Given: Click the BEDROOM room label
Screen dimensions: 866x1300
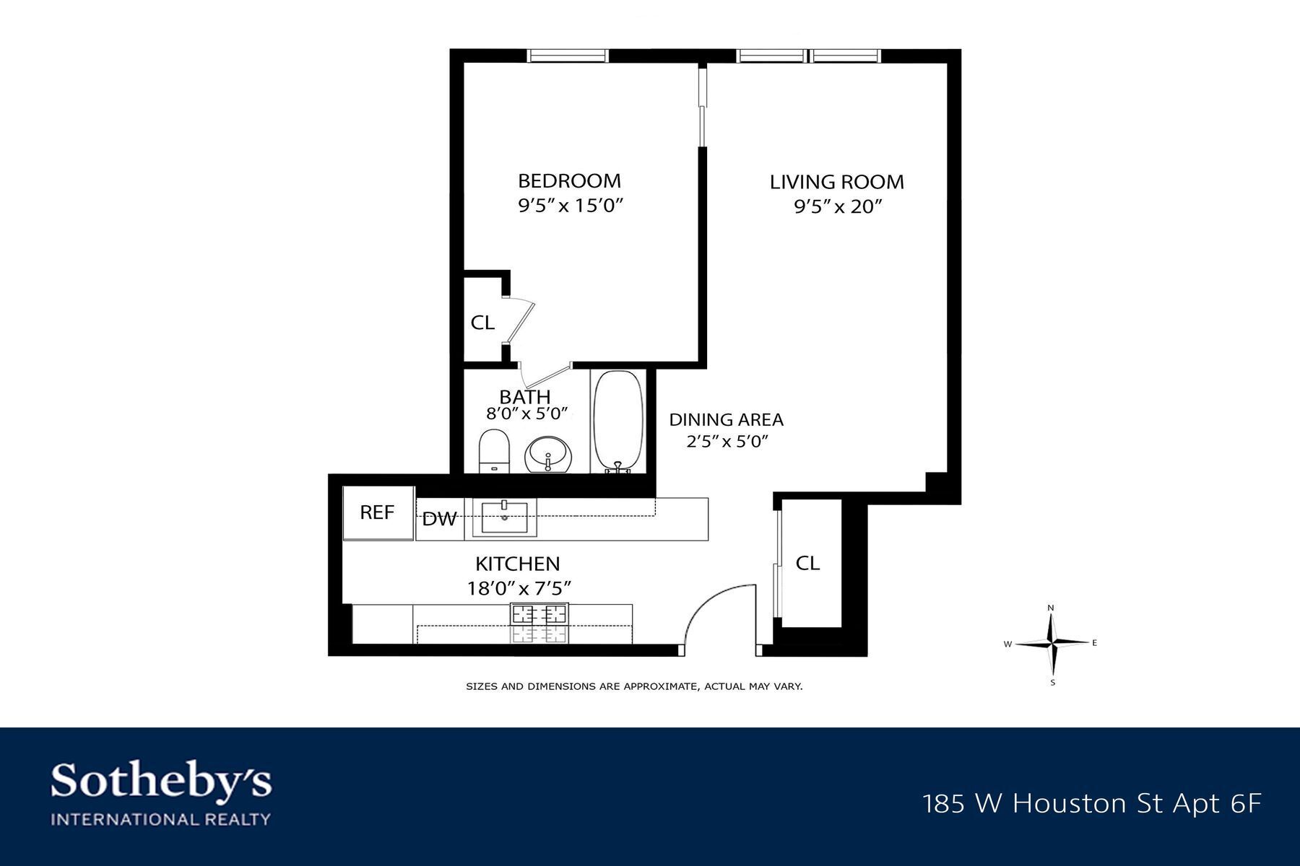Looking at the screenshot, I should tap(569, 180).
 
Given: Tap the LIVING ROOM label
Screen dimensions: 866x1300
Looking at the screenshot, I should tap(836, 182).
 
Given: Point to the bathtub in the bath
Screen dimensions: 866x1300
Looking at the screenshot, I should tap(617, 421).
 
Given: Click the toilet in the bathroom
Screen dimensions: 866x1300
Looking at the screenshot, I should tap(495, 450).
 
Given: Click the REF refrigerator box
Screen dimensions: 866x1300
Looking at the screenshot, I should tap(378, 513).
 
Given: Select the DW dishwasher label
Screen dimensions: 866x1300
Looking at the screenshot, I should tap(439, 519).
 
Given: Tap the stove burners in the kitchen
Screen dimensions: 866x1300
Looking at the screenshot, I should tap(539, 615).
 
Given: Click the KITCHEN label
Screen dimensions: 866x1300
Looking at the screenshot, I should tap(517, 564).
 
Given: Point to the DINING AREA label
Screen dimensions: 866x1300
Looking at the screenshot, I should tap(726, 420).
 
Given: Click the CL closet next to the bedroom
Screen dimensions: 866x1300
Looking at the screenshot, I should tap(482, 323).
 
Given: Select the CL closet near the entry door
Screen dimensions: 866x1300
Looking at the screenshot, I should tap(807, 563).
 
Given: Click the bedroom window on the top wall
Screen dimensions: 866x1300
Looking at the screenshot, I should tap(567, 56).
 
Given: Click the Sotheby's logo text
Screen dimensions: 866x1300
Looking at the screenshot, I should tap(161, 782).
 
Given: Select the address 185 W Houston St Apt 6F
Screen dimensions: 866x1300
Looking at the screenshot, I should tap(1092, 804).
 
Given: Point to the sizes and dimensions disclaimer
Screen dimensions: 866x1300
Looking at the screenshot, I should tap(634, 686).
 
